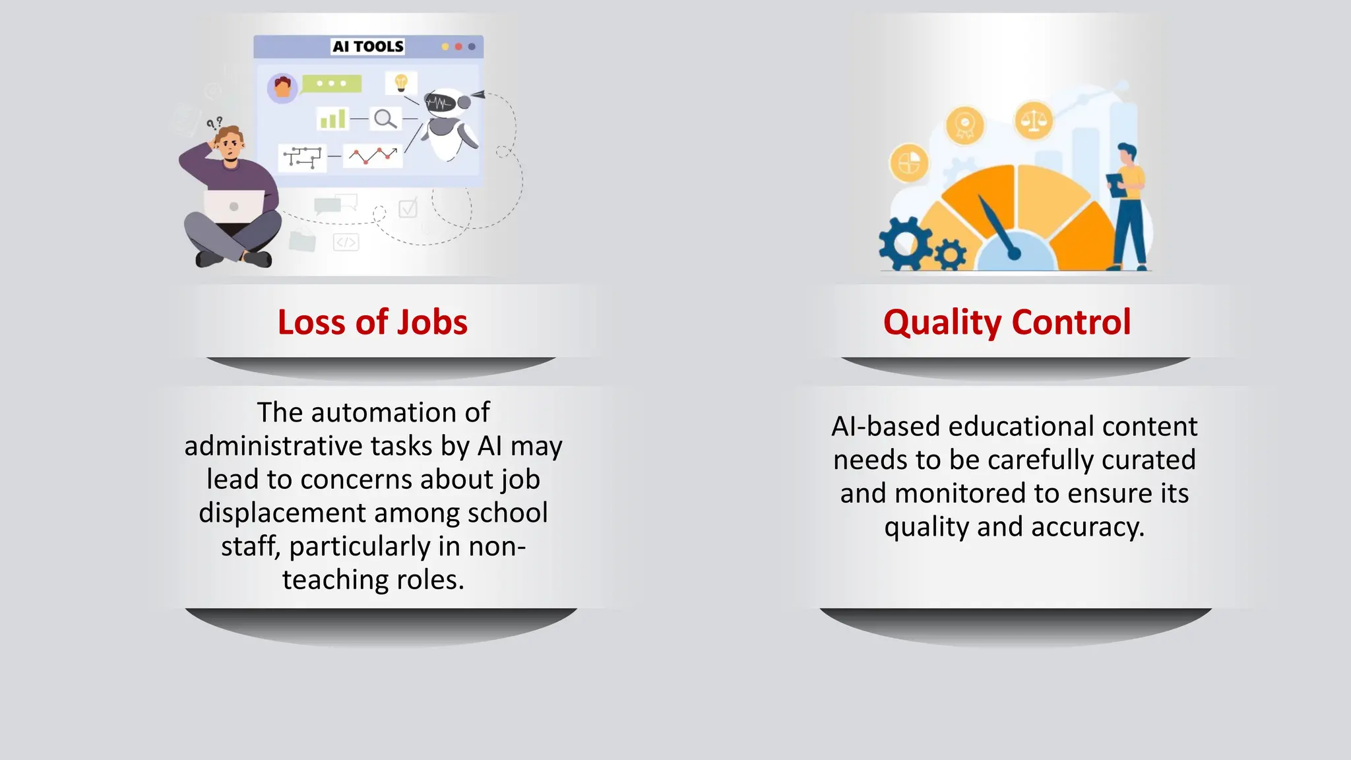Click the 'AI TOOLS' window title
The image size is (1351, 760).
tap(367, 46)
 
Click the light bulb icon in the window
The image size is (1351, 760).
tap(401, 83)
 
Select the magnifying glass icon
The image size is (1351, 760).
tap(385, 119)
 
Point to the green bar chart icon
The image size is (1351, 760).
tap(332, 119)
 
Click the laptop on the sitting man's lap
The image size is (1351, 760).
tap(234, 206)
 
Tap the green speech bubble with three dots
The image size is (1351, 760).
tap(331, 84)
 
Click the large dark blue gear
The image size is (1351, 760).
tap(905, 243)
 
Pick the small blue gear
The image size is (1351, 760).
tap(950, 253)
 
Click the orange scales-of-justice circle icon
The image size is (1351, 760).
tap(1034, 121)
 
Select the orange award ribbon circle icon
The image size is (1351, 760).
tap(964, 125)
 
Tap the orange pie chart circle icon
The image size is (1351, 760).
tap(909, 162)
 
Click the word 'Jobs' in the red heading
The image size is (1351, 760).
tap(432, 323)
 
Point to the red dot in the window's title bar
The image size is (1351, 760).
tap(458, 47)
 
